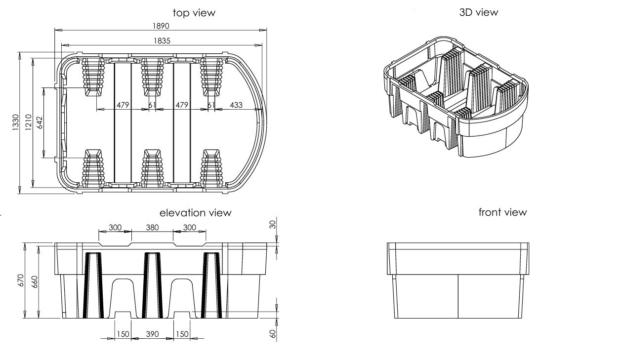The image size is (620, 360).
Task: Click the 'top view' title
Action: click(x=194, y=13)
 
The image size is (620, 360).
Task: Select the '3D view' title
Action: click(x=478, y=12)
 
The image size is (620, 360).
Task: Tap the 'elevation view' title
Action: click(x=195, y=213)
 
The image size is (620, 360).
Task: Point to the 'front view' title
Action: click(x=502, y=212)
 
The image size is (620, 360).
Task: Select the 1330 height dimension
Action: click(x=15, y=122)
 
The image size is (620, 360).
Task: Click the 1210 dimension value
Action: click(x=29, y=122)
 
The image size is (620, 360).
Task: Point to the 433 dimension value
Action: click(x=236, y=105)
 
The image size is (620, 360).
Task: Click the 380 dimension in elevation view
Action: click(x=153, y=227)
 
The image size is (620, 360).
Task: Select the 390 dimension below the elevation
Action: click(x=153, y=334)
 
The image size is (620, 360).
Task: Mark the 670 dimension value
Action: click(x=21, y=281)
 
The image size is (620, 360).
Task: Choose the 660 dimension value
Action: click(x=35, y=281)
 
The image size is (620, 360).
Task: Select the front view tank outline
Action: click(x=458, y=280)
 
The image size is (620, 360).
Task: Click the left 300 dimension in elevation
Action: click(x=115, y=227)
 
